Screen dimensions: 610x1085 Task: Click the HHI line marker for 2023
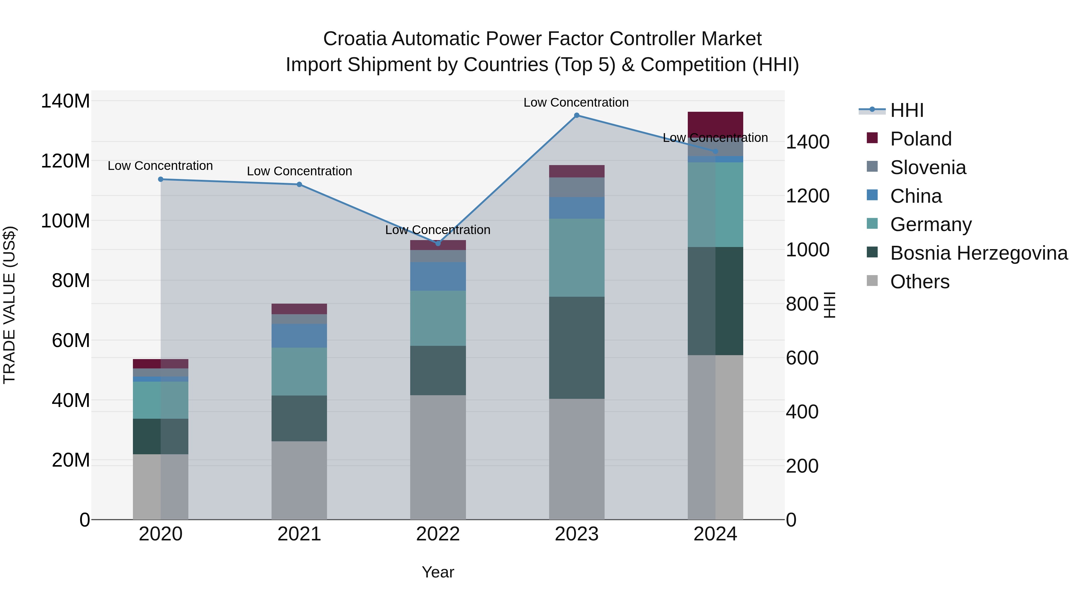(x=577, y=115)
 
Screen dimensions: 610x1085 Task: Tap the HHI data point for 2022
(x=438, y=243)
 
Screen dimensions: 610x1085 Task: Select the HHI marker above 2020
(x=160, y=179)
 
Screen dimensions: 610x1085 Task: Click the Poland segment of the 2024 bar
(x=715, y=124)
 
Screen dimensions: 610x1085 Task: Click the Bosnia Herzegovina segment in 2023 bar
(x=577, y=348)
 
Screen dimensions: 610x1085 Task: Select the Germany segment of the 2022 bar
(x=438, y=318)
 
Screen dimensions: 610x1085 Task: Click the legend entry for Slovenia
(x=928, y=167)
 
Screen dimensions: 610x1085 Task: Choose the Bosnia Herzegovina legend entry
(x=978, y=253)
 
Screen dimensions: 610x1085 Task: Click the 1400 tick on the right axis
(x=807, y=142)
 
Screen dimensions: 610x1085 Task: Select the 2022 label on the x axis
(x=438, y=534)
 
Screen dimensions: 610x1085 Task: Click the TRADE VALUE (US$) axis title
(x=9, y=305)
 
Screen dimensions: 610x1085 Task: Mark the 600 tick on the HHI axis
(x=802, y=358)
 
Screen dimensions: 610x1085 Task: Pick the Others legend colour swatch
(x=872, y=281)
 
